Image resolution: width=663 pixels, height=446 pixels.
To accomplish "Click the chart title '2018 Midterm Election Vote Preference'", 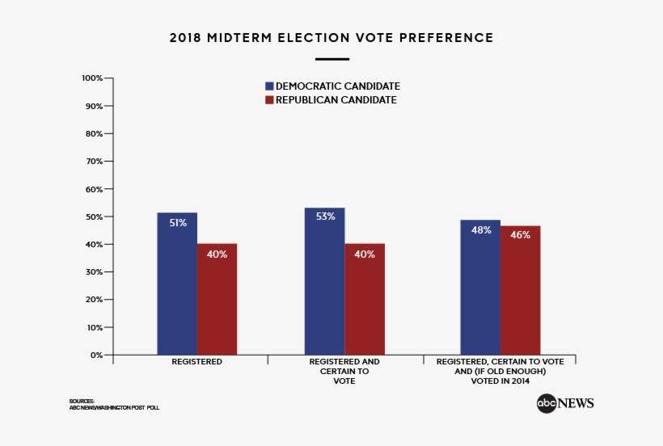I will coord(331,38).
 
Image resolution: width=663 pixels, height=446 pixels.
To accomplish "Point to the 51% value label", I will coord(178,223).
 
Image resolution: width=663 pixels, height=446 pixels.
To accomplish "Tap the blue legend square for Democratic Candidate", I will coord(270,86).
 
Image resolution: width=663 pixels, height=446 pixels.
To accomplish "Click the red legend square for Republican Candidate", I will coord(270,100).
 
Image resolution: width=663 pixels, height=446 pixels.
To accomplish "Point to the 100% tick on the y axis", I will coord(92,78).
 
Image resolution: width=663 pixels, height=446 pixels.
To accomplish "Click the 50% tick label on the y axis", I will coord(94,217).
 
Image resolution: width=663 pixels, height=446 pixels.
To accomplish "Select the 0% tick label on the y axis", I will coord(96,355).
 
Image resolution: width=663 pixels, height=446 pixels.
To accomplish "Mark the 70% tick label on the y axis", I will coord(94,162).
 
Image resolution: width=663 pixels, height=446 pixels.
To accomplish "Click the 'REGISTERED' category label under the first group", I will coord(196,363).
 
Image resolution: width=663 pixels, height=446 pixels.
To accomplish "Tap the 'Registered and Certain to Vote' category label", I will coord(344,372).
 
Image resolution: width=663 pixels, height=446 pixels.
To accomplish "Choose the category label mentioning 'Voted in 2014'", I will coord(500,372).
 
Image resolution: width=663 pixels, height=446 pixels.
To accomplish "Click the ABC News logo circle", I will coord(547,403).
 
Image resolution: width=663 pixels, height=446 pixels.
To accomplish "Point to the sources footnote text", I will coord(114,405).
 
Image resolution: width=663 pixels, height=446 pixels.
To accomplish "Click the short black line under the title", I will coord(331,59).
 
